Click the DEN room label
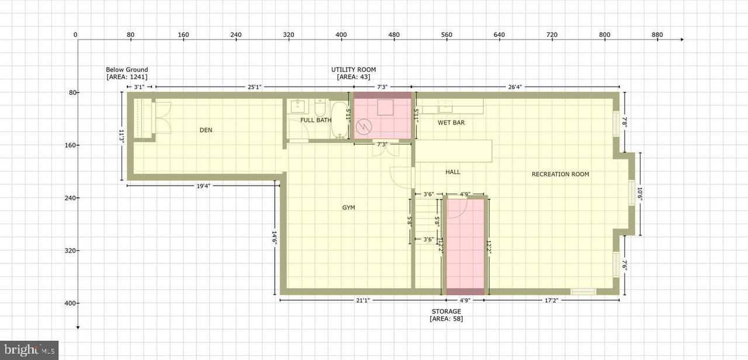[206, 130]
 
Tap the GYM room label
[348, 207]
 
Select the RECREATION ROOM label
[560, 174]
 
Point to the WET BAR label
[451, 123]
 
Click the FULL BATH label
[316, 120]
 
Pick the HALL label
[453, 172]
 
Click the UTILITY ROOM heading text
[354, 70]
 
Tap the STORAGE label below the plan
[446, 311]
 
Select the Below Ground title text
[127, 70]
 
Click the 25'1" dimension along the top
[254, 87]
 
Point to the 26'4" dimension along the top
[515, 87]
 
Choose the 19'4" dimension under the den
[203, 186]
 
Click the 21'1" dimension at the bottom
[362, 300]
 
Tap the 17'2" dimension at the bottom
[550, 300]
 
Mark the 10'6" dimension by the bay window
[640, 194]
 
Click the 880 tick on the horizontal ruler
[657, 34]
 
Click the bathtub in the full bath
[340, 120]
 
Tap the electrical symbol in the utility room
[363, 126]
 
